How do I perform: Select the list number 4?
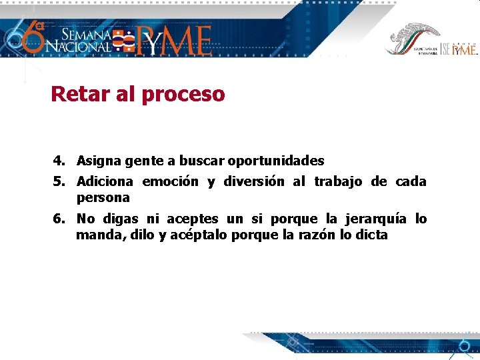(x=59, y=161)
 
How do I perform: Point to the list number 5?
(x=59, y=181)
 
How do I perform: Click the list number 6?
(x=59, y=219)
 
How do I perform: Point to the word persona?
(x=103, y=198)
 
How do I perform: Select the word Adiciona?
(x=105, y=181)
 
